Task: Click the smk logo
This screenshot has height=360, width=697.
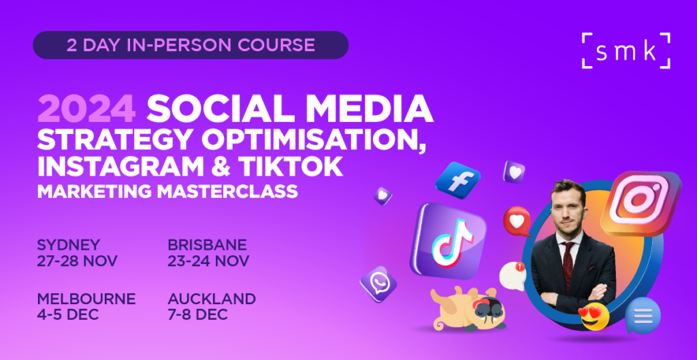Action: coord(626,50)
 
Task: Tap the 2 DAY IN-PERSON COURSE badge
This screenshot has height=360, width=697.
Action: coord(191,45)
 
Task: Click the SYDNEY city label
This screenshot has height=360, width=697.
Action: coord(69,244)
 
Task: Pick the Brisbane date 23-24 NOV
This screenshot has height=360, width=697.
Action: coord(208,261)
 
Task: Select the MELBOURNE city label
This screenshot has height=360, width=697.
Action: coord(86,299)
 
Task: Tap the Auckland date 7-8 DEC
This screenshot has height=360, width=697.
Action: coord(198,314)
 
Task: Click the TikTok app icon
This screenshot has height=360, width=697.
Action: coord(449,240)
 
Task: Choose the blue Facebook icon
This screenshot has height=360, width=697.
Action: coord(457,180)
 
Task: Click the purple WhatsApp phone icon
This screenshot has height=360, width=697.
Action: coord(378,284)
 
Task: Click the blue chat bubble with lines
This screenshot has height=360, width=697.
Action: coord(643,315)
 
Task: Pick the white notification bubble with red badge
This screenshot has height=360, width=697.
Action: coord(513,276)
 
